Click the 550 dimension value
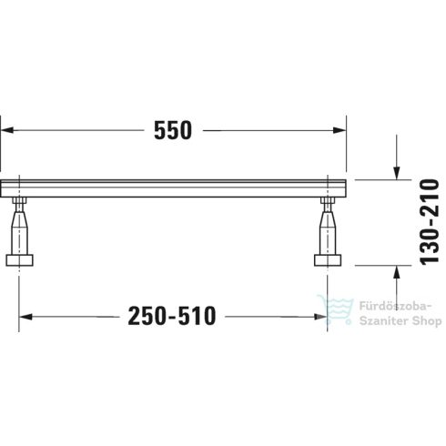click(173, 130)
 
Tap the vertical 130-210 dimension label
click(421, 221)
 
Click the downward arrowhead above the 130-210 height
click(396, 173)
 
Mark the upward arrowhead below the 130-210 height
click(396, 270)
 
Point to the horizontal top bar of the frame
click(173, 189)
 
